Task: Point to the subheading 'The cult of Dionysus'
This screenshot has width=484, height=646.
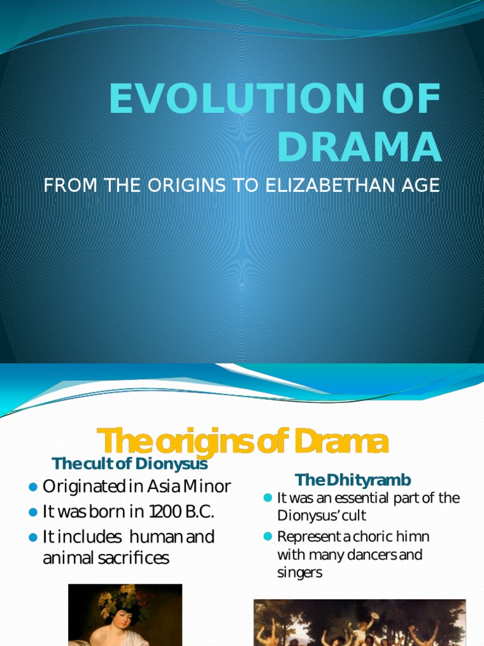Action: [130, 464]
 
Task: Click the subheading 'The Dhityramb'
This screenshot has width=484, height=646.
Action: [353, 480]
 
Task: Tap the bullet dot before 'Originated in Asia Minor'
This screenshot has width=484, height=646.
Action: [33, 487]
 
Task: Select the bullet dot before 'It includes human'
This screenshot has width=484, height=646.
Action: [33, 537]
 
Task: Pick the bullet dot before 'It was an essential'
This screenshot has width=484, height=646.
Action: [267, 498]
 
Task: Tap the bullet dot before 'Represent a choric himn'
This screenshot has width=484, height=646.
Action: [267, 537]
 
